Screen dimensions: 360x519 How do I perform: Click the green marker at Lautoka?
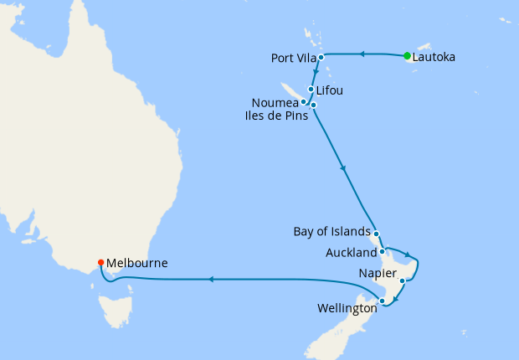click(407, 56)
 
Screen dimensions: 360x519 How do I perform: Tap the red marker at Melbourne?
click(100, 262)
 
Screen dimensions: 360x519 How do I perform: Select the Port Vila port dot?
click(321, 58)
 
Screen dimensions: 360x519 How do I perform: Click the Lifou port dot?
click(311, 90)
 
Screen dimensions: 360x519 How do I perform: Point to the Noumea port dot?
click(303, 101)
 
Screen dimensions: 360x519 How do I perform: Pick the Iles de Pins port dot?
click(313, 105)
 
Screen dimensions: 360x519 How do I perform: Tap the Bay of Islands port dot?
click(376, 234)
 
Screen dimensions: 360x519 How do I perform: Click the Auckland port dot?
click(382, 251)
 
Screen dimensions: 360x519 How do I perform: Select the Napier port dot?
click(402, 281)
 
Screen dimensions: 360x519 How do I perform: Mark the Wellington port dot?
click(383, 301)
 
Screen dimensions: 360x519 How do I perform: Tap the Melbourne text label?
click(137, 263)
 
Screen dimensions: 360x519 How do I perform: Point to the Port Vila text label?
click(292, 59)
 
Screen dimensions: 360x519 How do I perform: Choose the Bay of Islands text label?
click(331, 232)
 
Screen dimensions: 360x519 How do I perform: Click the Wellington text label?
click(346, 309)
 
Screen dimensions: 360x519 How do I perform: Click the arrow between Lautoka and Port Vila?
click(362, 54)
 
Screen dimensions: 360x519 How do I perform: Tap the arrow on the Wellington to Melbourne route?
click(209, 280)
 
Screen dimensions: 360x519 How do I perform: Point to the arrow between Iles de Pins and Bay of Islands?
click(343, 169)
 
